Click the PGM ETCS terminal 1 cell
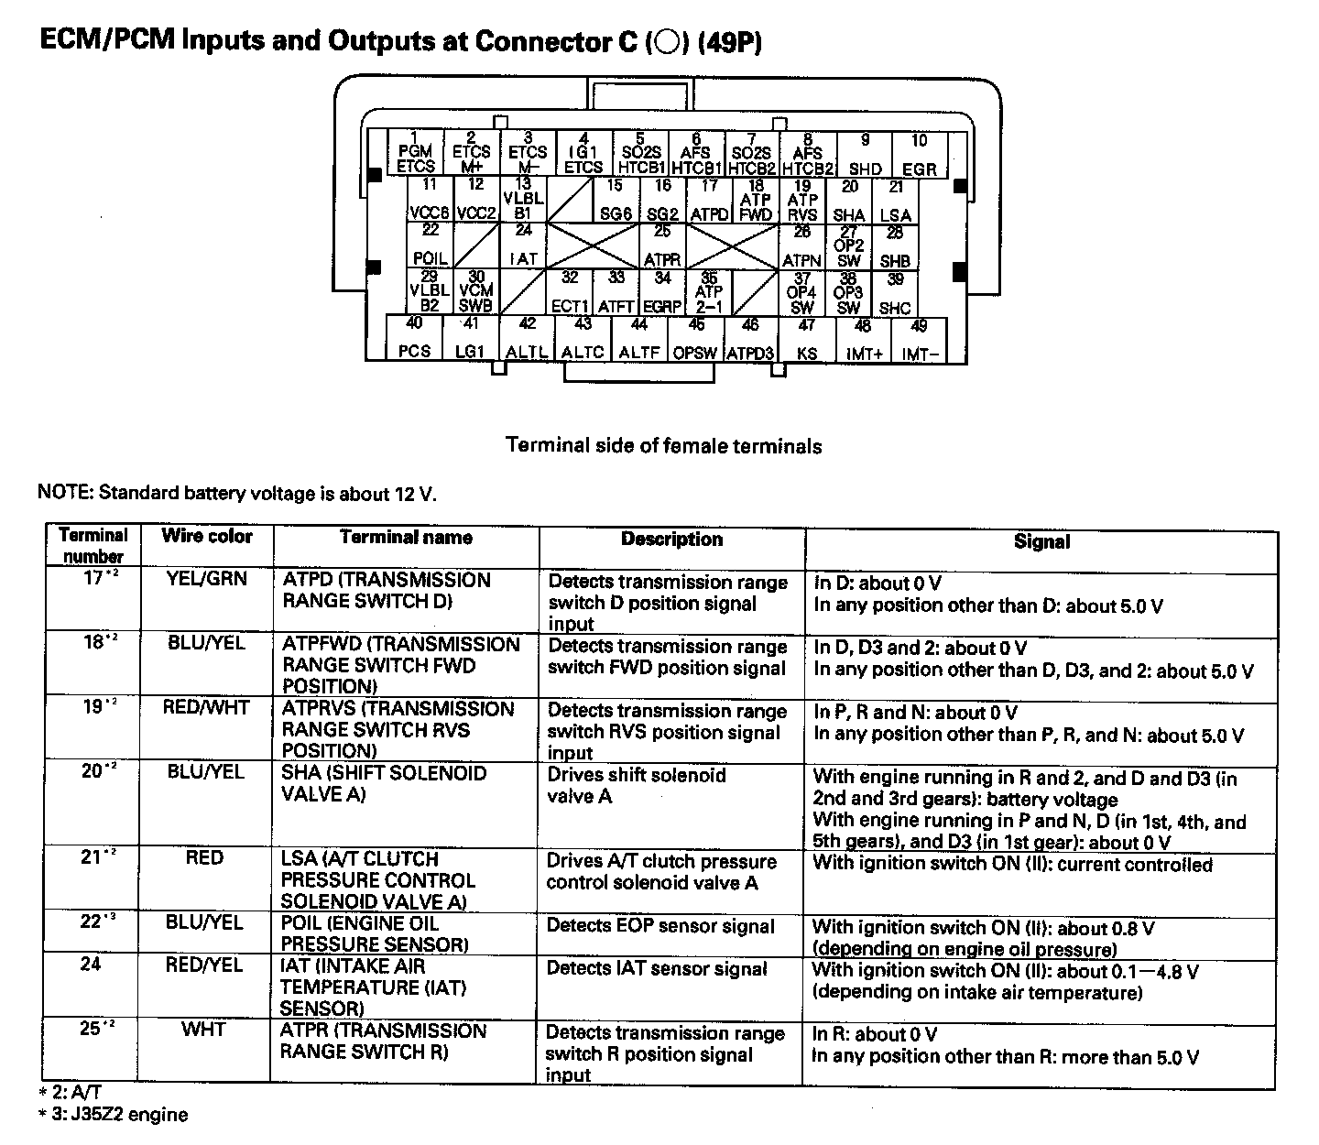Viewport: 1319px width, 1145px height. point(415,153)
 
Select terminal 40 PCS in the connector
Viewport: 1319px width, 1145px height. point(414,338)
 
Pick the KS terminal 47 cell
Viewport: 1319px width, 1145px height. point(806,339)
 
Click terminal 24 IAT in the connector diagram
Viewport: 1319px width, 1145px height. point(523,246)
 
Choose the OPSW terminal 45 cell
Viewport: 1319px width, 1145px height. point(695,339)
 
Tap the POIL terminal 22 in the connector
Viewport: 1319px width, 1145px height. point(430,246)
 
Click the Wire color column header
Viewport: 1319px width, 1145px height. point(206,537)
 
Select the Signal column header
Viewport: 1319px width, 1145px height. point(1041,541)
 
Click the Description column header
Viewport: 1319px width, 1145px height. point(671,540)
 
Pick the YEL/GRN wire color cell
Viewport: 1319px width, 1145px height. point(206,580)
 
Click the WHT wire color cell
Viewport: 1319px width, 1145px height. point(203,1030)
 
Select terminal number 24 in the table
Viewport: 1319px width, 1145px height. point(90,965)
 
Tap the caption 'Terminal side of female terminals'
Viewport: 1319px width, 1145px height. point(663,446)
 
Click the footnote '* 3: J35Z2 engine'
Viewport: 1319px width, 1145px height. point(113,1115)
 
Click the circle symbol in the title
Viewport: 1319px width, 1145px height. point(666,43)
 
